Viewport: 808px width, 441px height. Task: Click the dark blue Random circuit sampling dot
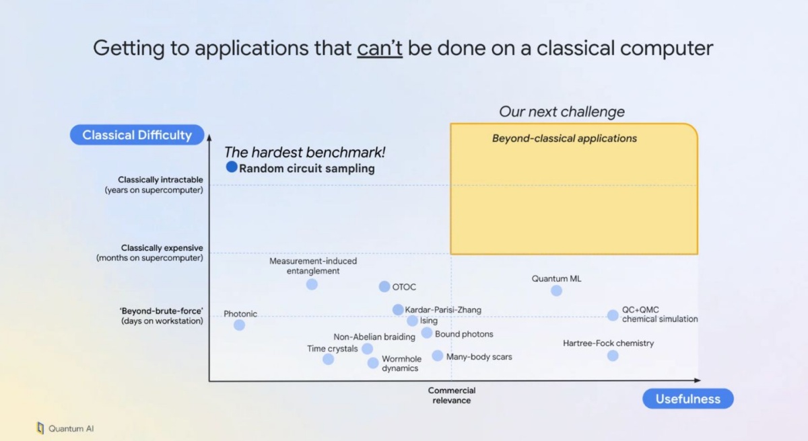coord(232,167)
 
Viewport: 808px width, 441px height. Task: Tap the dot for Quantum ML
coord(556,290)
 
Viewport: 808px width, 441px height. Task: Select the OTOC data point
coord(384,286)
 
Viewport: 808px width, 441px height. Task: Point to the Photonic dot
coord(239,325)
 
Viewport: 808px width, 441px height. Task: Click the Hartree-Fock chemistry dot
coord(613,356)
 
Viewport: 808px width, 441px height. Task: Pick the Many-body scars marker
coord(438,356)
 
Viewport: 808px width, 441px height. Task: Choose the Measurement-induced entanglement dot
coord(312,284)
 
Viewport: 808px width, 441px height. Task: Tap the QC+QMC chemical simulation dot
coord(613,315)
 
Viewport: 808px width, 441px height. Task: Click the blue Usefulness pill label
coord(688,399)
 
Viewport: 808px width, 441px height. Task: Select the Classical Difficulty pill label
coord(137,135)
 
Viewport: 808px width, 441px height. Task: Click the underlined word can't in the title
coord(380,48)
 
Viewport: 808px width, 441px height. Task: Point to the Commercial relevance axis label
coord(452,395)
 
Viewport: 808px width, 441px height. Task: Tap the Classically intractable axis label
coord(154,185)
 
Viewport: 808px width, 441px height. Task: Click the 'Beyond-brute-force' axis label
coord(162,316)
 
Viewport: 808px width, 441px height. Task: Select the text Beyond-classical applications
coord(564,138)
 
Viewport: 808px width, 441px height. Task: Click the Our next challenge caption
coord(562,112)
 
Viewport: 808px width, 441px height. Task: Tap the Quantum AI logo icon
coord(40,428)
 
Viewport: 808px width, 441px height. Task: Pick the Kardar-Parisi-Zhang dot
coord(398,310)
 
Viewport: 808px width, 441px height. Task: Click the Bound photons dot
coord(427,333)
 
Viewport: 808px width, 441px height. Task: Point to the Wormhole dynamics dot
coord(373,363)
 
